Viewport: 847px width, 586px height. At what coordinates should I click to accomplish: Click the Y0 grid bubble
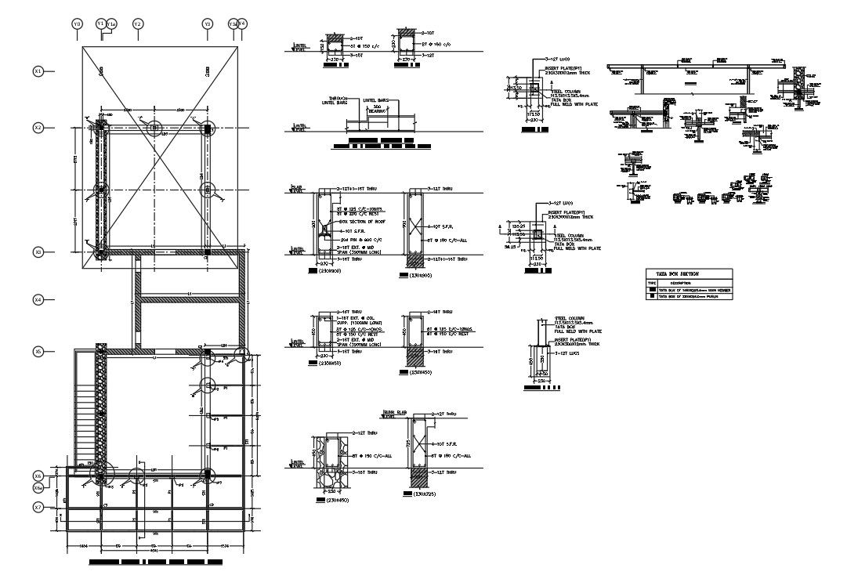77,25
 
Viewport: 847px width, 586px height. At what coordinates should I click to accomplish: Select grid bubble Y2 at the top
137,25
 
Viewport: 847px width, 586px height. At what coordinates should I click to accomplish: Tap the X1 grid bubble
38,71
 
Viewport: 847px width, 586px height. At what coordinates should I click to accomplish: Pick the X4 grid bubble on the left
38,299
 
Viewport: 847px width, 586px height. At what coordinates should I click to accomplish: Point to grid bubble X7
38,508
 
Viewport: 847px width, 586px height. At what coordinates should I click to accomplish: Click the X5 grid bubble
38,352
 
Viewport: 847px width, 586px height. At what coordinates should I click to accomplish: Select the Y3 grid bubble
208,25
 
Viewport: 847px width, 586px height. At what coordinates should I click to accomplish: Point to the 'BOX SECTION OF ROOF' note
360,222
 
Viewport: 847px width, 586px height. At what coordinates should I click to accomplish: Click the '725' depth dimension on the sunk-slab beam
407,444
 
